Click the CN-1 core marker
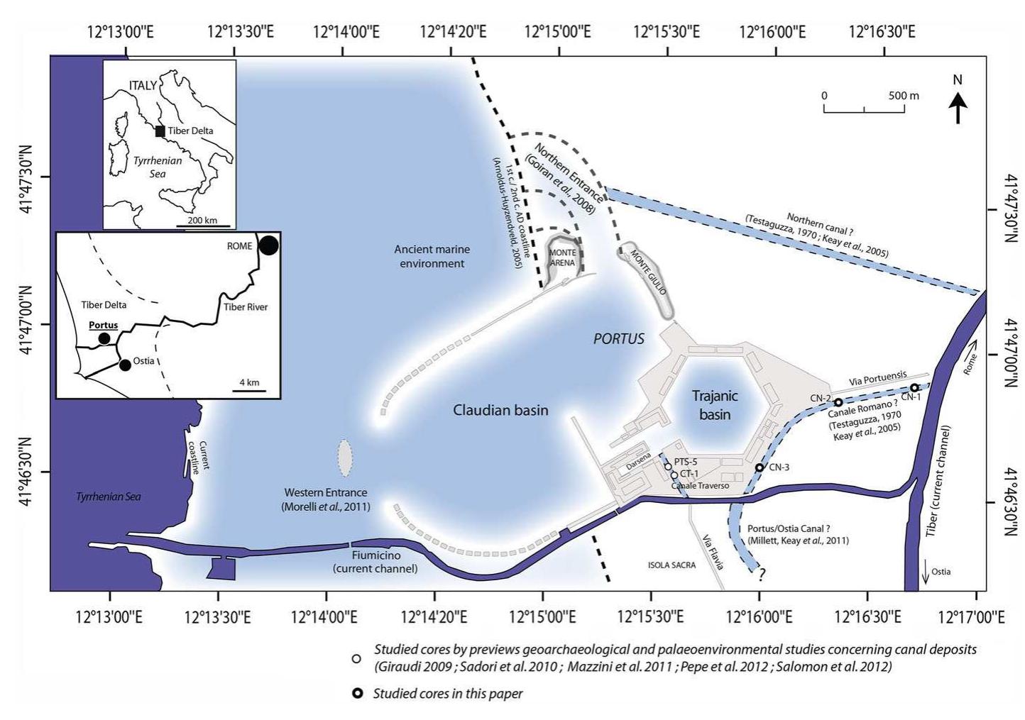pos(914,387)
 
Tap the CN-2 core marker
pos(838,402)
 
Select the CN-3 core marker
pos(759,467)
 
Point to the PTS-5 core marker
pos(668,467)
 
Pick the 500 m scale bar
pos(864,109)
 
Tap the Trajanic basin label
pos(715,404)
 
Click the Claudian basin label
pos(500,409)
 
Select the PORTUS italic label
pos(619,338)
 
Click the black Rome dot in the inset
pos(268,245)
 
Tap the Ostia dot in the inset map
pos(125,365)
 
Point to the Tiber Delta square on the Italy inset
pos(160,131)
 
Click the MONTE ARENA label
pos(562,257)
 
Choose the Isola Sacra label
pos(672,565)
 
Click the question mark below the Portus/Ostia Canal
pos(762,575)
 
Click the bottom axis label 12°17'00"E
pos(971,618)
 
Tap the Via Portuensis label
pos(877,379)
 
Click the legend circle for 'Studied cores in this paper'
pos(357,694)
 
